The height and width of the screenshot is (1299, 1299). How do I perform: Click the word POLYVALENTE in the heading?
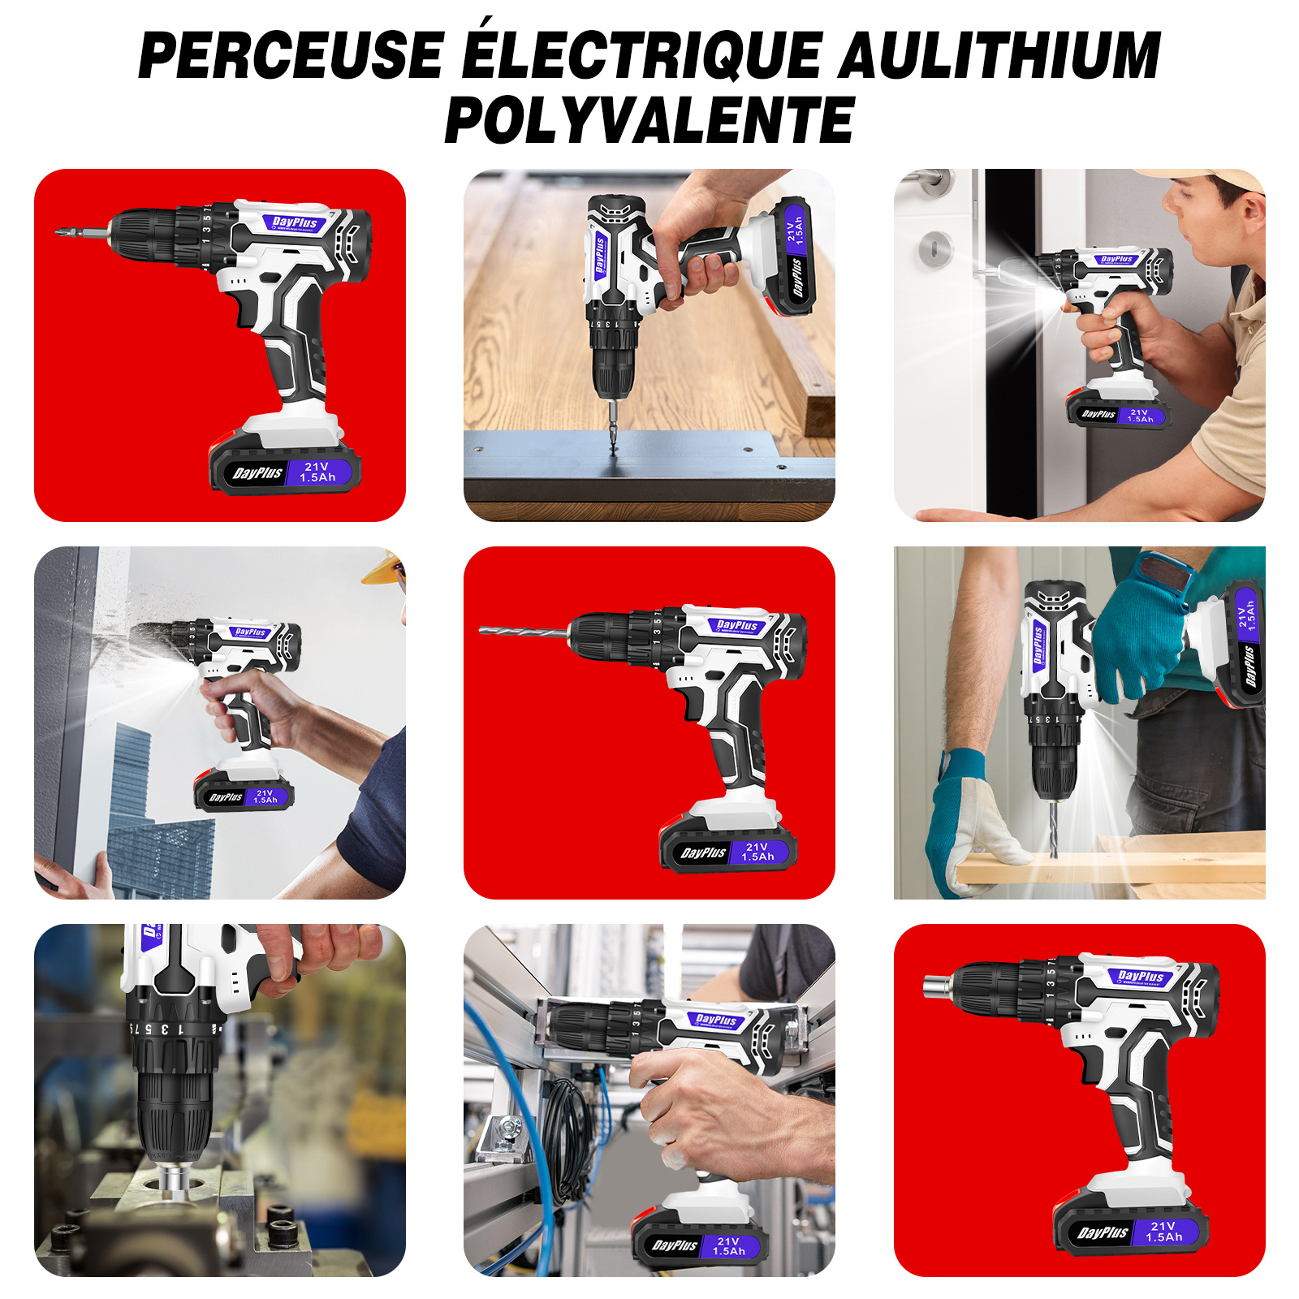[649, 120]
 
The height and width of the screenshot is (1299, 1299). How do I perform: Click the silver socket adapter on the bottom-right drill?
[938, 986]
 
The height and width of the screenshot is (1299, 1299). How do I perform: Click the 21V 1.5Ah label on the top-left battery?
[317, 473]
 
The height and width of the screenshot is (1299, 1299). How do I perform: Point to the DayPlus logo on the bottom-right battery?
[1103, 1232]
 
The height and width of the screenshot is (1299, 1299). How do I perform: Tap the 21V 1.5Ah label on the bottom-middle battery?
[728, 1246]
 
